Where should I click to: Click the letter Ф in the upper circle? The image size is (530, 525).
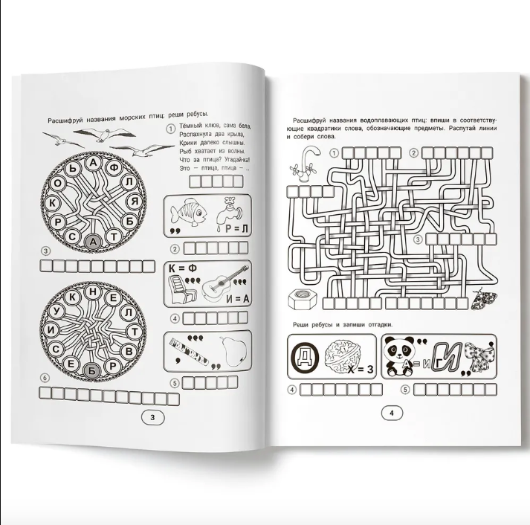[115, 167]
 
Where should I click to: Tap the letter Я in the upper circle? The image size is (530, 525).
[135, 202]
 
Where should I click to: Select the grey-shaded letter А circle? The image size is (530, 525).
[94, 242]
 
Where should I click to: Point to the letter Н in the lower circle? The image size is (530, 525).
[94, 292]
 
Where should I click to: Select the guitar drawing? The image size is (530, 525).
[225, 284]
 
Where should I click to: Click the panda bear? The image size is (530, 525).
[400, 356]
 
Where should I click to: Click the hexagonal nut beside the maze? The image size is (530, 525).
[303, 299]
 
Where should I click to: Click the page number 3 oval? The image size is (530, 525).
[152, 417]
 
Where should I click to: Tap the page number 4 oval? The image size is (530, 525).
[392, 413]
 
